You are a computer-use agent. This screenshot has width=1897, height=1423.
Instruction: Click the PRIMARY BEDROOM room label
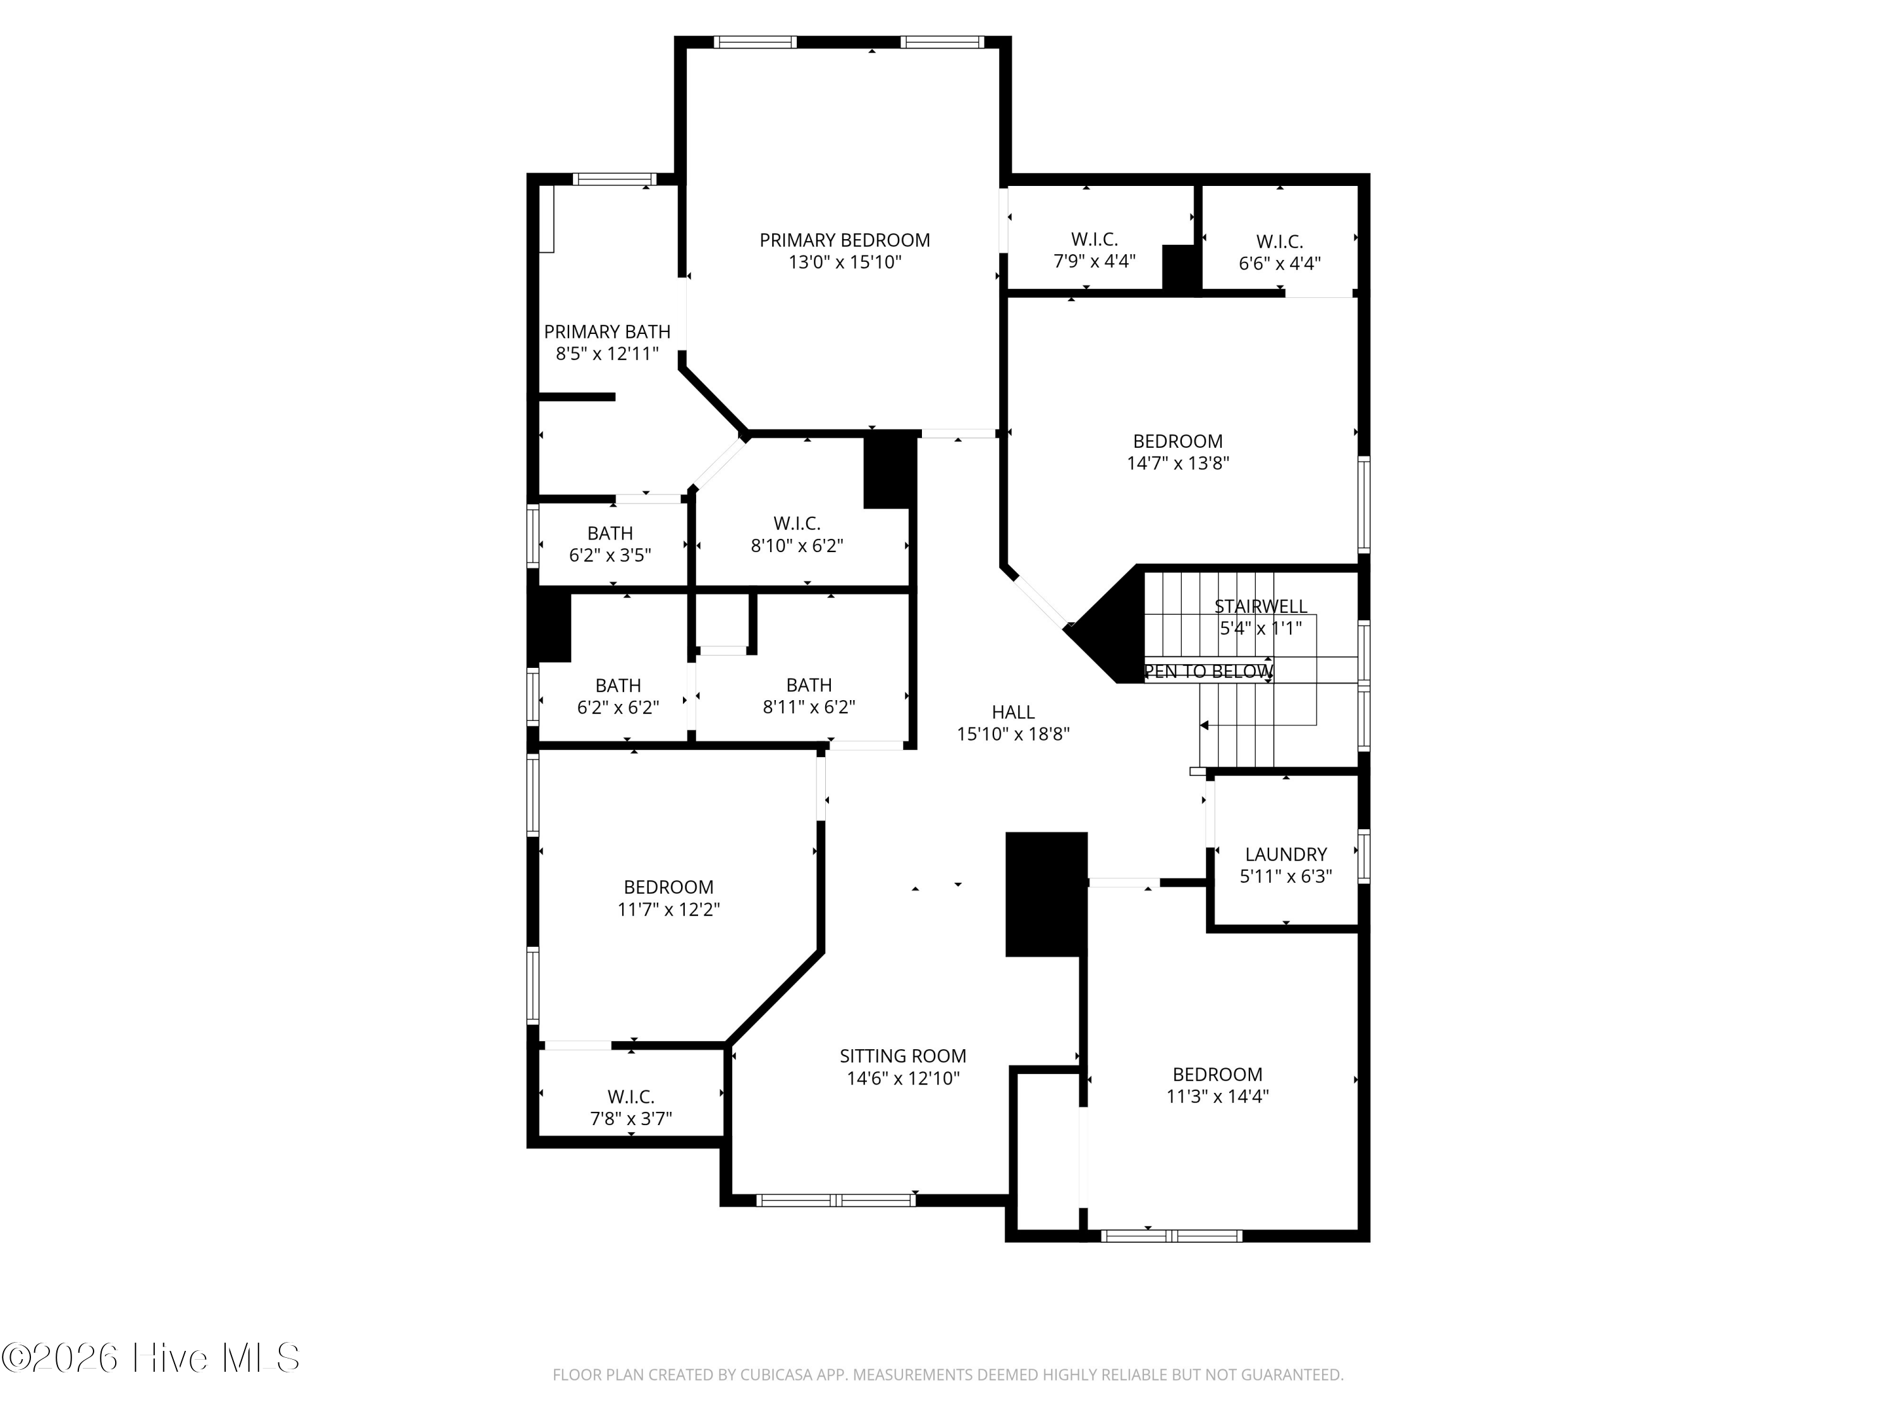845,240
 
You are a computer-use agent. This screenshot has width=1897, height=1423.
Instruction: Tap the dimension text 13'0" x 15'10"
845,262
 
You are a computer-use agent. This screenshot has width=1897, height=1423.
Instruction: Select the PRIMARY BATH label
607,332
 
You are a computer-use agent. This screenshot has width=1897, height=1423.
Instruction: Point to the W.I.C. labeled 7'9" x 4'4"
1095,239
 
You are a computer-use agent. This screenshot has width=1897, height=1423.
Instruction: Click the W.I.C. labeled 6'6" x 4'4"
1280,242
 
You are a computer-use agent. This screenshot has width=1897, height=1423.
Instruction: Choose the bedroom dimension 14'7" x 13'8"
1177,463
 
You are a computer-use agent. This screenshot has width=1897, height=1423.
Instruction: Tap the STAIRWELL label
1261,607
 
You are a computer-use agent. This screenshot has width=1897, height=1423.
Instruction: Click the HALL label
1013,712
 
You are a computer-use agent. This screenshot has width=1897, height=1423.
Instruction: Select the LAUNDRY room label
1286,854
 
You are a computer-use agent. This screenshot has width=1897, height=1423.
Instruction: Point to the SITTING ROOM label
903,1056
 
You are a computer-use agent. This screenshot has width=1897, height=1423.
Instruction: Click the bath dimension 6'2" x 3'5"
610,555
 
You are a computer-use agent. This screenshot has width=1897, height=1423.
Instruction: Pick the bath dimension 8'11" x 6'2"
809,707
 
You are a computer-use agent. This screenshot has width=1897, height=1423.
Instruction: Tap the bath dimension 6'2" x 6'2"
617,708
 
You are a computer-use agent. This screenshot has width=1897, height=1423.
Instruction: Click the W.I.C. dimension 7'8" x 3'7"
630,1119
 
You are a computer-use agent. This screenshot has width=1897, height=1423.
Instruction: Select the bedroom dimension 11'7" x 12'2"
668,909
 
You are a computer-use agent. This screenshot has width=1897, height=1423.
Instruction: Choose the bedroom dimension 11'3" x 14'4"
1217,1096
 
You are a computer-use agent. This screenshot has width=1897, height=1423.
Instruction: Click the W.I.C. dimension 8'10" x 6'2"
797,546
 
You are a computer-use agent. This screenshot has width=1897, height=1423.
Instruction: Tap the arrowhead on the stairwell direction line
1204,725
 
